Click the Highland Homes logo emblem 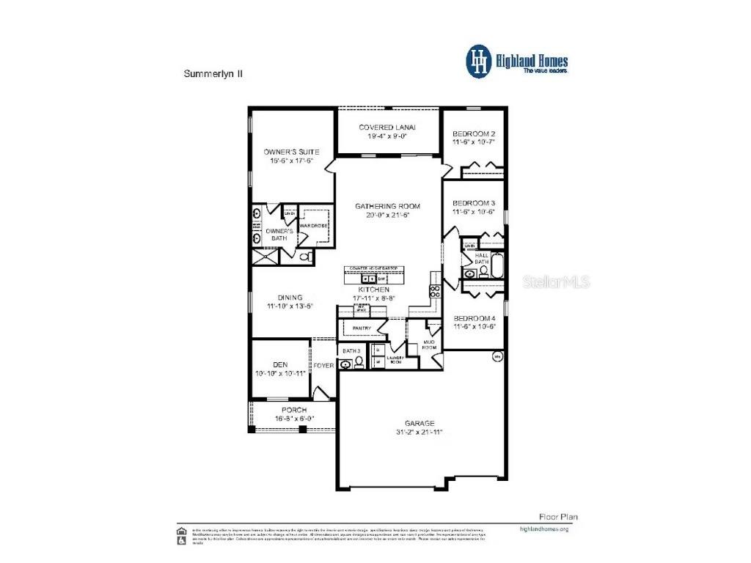(479, 61)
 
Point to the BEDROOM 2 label (473, 133)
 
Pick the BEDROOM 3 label (473, 202)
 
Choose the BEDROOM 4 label (475, 317)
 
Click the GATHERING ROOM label (387, 206)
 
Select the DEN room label (280, 364)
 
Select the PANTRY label (362, 328)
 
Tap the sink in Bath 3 (346, 364)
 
